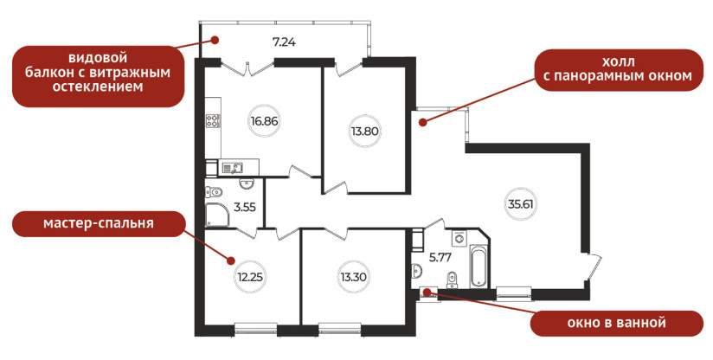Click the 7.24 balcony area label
coord(284,42)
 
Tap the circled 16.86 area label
coord(264,121)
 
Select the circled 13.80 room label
coord(364,132)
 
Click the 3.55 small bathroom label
coord(245,208)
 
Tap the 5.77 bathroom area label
coord(440,258)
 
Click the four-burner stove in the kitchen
coord(213,120)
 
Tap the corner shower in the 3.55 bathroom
coord(215,215)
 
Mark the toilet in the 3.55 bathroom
coord(213,192)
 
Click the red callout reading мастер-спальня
coord(99,223)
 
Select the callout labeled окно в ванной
coord(616,323)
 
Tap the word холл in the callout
coord(618,61)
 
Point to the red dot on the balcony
coord(215,40)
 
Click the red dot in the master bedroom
coord(230,260)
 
